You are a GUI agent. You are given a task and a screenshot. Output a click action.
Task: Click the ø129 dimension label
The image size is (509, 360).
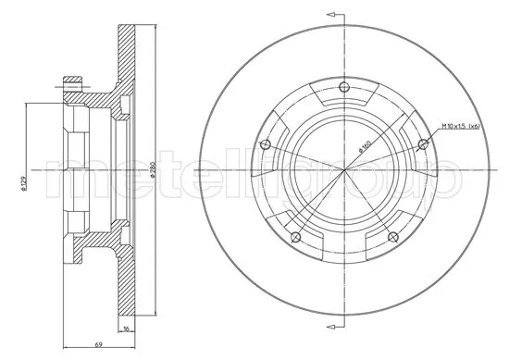pyautogui.click(x=25, y=185)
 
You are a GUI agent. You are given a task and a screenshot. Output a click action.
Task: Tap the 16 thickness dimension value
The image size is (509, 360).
pyautogui.click(x=126, y=328)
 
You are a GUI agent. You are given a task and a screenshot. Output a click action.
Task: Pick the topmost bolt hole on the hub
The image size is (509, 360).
pyautogui.click(x=344, y=87)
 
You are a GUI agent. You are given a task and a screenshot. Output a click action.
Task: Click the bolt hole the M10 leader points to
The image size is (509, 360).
pyautogui.click(x=424, y=142)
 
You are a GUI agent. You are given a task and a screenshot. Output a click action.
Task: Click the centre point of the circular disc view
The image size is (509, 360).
pyautogui.click(x=344, y=169)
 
